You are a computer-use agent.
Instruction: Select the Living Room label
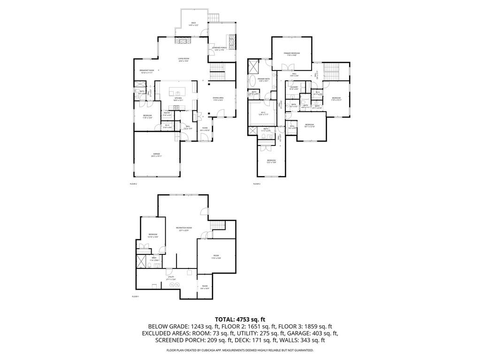tap(183, 60)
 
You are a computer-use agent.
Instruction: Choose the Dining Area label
tap(218, 99)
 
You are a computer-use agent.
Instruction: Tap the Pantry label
tap(167, 113)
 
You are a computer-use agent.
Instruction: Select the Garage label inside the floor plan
tap(156, 154)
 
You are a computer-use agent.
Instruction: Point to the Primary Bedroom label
tap(291, 54)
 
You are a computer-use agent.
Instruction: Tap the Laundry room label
tap(294, 88)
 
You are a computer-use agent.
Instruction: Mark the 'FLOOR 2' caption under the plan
tap(133, 184)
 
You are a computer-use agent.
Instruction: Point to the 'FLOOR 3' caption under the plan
tap(256, 184)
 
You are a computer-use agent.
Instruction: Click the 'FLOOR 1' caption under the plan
tap(135, 297)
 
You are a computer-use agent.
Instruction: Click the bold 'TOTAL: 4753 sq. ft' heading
tap(240, 319)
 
